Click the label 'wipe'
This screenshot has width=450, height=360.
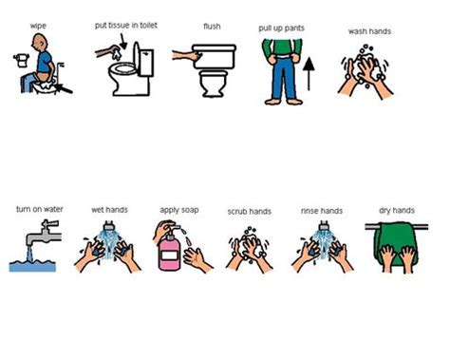[38, 26]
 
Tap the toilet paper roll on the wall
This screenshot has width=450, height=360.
[22, 60]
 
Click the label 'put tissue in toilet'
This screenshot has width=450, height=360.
[126, 26]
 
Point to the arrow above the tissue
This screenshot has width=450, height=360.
[122, 42]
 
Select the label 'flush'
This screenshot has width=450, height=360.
[212, 27]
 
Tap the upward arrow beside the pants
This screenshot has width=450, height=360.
[309, 73]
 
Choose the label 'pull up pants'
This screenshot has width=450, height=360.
[281, 28]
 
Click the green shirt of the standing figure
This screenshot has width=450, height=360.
[282, 48]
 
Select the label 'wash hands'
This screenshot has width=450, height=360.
[369, 31]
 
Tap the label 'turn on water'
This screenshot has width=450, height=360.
[40, 209]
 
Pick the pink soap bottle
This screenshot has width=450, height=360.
[169, 252]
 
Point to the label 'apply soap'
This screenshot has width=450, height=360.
[179, 210]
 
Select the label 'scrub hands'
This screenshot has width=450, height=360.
[250, 212]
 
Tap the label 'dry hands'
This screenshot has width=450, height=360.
[397, 210]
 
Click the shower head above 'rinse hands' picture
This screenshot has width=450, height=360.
[324, 226]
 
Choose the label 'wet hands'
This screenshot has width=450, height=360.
[109, 210]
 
